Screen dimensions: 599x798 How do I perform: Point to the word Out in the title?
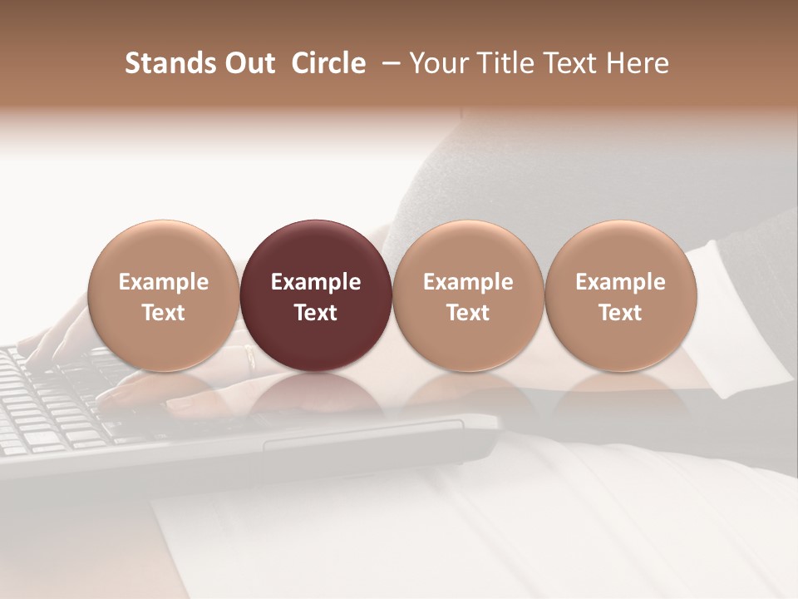[249, 63]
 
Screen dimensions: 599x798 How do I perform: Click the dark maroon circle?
[316, 295]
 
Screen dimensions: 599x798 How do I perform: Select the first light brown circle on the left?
[164, 295]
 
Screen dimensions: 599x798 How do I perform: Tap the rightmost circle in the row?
[621, 295]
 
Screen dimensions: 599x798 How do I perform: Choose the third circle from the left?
[468, 295]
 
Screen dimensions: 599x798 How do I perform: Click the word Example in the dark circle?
[316, 282]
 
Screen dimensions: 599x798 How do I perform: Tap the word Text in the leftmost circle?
[164, 313]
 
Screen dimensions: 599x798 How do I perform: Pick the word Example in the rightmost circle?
[621, 282]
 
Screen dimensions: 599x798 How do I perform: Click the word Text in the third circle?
[468, 313]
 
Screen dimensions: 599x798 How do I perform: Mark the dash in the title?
[388, 63]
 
